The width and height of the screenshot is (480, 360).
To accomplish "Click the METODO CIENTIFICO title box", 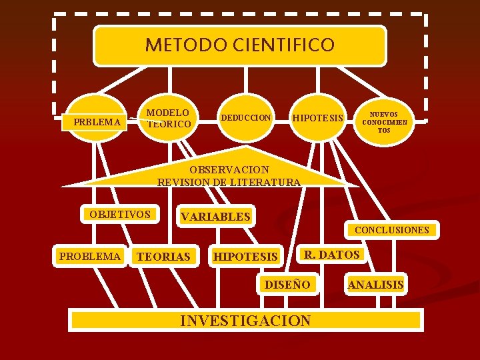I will (239, 45).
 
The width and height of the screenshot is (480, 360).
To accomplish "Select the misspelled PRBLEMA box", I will (97, 121).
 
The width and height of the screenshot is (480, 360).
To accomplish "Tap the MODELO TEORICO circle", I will (168, 119).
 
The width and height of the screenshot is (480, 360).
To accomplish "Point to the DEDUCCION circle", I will (246, 118).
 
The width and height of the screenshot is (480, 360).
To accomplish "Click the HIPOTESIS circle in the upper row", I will (318, 119).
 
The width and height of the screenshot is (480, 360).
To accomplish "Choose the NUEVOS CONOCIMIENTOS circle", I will (385, 122).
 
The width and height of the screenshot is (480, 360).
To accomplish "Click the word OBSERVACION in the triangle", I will (229, 169).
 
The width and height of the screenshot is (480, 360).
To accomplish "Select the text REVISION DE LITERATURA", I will (229, 181).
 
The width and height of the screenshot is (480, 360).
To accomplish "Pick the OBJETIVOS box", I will (120, 215).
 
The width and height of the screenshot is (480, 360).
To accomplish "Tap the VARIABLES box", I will (215, 217).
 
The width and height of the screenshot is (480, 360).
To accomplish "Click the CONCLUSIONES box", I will (391, 230).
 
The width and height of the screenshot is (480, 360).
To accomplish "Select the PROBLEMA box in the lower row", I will (90, 256).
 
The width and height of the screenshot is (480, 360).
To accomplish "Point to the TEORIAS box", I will (163, 257).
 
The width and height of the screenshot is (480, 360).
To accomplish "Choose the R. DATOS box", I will (331, 254).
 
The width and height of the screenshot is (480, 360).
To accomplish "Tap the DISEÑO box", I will (287, 285).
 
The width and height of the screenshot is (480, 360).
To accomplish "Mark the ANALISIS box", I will (376, 285).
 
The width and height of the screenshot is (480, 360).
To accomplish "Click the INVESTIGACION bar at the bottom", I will (245, 321).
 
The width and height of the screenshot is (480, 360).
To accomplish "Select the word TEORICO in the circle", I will (169, 124).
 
